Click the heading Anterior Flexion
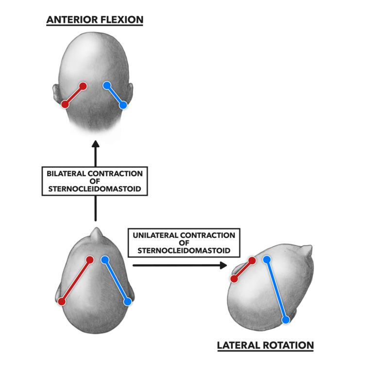[x=95, y=20]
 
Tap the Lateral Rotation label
[x=265, y=345]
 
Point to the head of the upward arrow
[x=95, y=144]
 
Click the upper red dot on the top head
[x=83, y=86]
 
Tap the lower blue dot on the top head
[x=123, y=104]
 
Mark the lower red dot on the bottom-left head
[x=62, y=302]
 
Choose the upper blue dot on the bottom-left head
[x=104, y=260]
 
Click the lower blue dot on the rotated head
[x=286, y=320]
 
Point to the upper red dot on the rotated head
[x=252, y=261]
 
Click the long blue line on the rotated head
[x=276, y=290]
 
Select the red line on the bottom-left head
[x=76, y=281]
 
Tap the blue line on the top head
[x=115, y=95]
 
